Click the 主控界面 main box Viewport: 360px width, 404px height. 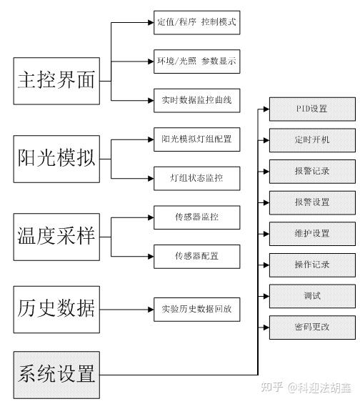56,81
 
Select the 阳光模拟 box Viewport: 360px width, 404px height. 56,159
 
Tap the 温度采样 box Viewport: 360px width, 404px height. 56,237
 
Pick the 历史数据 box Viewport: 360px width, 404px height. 56,310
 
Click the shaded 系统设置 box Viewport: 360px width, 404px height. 56,375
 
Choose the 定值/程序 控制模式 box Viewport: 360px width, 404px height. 197,22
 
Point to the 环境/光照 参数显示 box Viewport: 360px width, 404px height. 197,61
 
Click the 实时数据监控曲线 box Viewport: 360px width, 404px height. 197,101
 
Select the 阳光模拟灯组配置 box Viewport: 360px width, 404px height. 197,139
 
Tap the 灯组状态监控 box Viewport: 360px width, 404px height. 197,178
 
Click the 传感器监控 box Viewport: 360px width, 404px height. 197,217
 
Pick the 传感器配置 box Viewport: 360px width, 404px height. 197,257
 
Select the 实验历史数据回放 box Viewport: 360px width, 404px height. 197,310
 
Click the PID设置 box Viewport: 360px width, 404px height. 312,109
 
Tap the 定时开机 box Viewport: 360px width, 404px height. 312,140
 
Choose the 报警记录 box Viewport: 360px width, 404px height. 312,172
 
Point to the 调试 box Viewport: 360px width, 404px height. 312,296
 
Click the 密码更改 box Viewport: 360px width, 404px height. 312,327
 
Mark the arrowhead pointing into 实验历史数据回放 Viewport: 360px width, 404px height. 151,310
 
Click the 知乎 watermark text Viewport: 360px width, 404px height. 272,388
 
